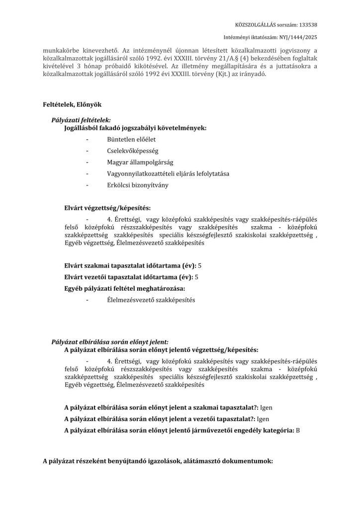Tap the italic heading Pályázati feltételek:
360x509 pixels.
click(81, 121)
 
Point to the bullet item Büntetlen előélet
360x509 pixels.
click(128, 140)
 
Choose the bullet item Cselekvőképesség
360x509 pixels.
click(130, 151)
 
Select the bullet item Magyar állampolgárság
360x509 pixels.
click(140, 162)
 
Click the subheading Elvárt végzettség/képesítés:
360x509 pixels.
click(107, 207)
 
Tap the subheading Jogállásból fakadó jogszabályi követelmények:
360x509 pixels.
click(132, 128)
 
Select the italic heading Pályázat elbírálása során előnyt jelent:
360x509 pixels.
click(110, 342)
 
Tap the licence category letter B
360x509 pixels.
click(298, 430)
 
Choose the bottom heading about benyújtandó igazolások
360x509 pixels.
click(158, 461)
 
